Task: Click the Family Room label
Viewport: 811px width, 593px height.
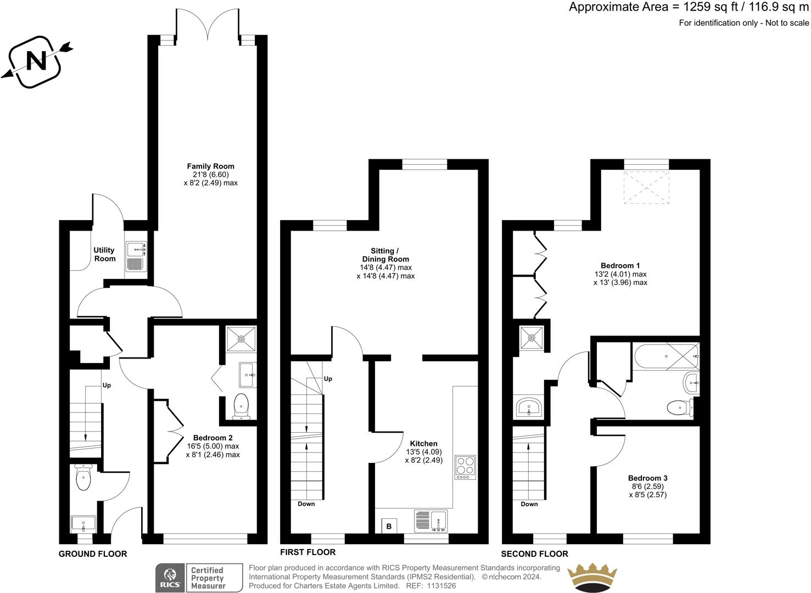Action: [210, 166]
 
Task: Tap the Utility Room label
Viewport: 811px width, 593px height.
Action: [104, 254]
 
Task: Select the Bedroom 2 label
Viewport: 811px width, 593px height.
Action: [213, 438]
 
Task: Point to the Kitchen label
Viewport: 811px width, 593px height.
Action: [423, 444]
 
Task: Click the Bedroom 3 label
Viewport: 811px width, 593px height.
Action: [648, 478]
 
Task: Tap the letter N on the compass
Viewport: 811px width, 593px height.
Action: [37, 61]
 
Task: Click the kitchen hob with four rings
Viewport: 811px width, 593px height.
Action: [465, 467]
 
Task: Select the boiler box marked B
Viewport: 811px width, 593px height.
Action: [389, 526]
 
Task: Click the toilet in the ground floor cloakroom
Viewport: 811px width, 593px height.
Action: [83, 477]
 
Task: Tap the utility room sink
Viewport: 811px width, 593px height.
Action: [137, 256]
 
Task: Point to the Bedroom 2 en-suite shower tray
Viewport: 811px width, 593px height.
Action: [241, 339]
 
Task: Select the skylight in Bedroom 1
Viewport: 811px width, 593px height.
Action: [646, 188]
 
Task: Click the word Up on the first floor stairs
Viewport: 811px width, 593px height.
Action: [328, 379]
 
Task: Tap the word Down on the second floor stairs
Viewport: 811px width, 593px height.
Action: [529, 504]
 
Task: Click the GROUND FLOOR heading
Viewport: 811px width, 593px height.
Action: [93, 554]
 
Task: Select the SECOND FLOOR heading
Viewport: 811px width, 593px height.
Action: [534, 554]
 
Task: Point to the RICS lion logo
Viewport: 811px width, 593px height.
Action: [170, 574]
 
